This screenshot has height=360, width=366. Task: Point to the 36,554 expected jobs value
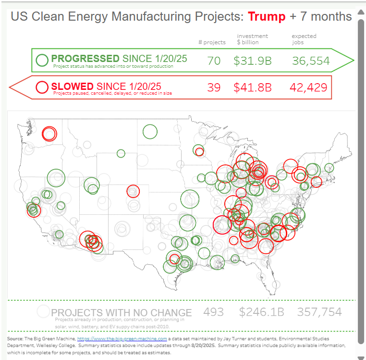pos(310,61)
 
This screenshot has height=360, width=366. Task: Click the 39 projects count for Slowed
pos(214,87)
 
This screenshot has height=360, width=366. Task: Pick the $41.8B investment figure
pos(253,87)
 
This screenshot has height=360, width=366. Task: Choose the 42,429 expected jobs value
pos(308,87)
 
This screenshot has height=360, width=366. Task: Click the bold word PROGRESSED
pos(85,59)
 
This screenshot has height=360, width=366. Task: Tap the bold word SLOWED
pos(72,86)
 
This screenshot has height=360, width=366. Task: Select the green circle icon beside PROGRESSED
pos(42,60)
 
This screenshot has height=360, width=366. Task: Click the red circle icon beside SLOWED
pos(42,87)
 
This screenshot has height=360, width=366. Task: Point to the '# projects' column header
pos(212,42)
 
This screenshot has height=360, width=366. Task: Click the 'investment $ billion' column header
pos(253,39)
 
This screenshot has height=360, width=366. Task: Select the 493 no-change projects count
pos(213,312)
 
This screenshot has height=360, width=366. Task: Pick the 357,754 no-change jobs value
pos(319,312)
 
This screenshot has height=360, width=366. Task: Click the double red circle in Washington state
pos(49,133)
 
